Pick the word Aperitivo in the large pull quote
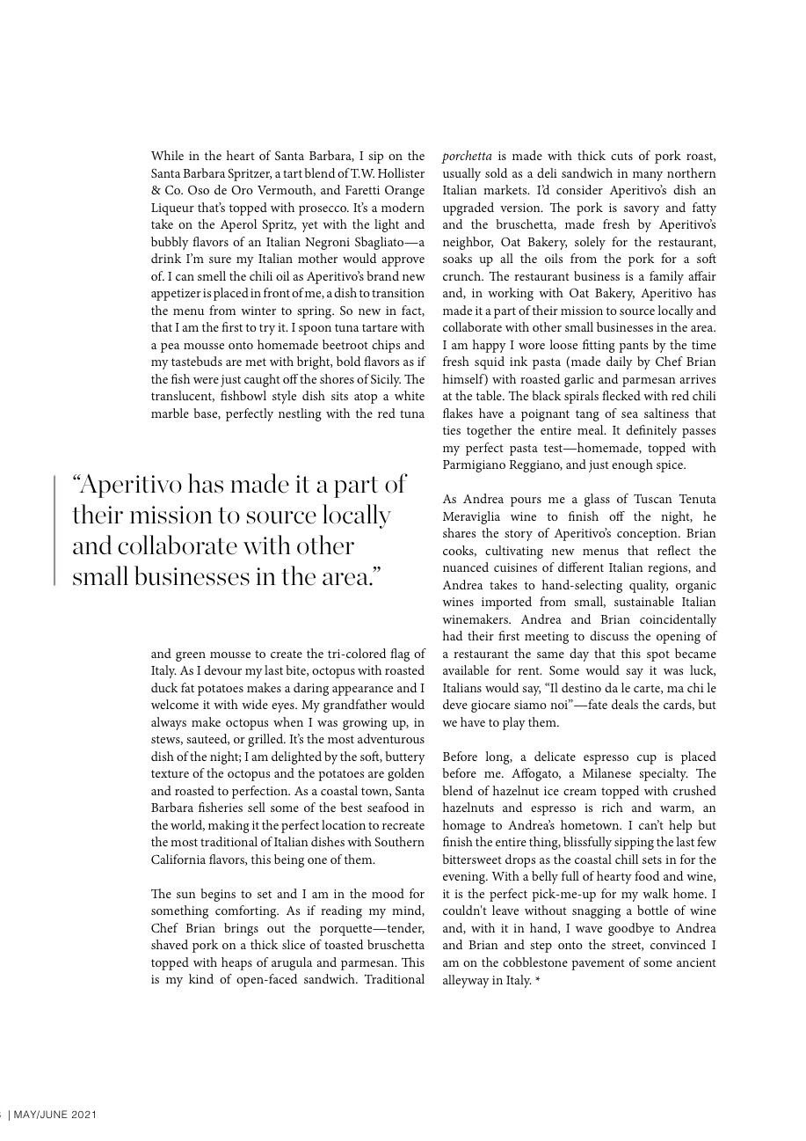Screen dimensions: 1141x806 [x=132, y=485]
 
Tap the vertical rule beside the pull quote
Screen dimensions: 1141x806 [x=54, y=530]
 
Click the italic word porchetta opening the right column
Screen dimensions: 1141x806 [x=467, y=157]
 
